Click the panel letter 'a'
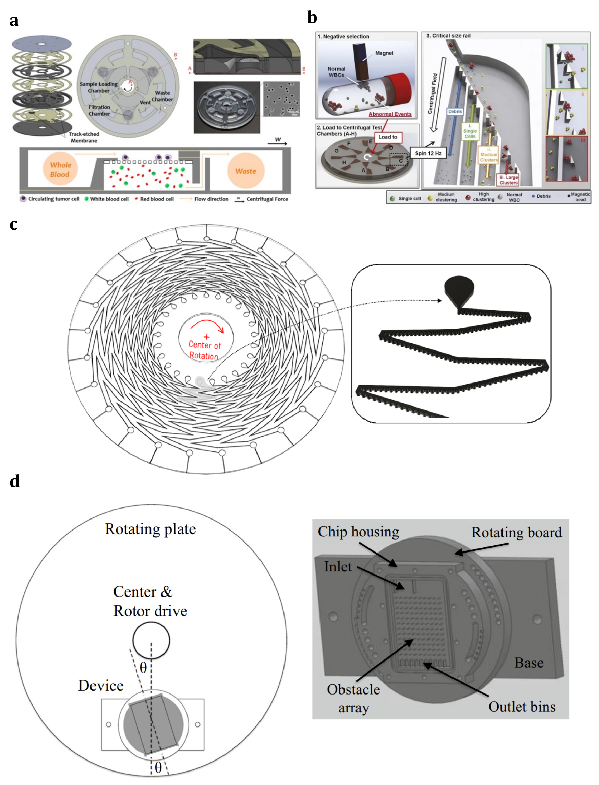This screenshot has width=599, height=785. point(14,21)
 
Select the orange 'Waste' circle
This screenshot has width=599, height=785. point(246,171)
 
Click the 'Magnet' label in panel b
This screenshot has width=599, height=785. point(384,53)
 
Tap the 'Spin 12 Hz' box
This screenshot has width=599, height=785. point(428,153)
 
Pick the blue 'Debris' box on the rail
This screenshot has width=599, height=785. point(455,112)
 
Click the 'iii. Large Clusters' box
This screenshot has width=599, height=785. point(508,180)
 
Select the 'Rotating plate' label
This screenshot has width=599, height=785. point(150,529)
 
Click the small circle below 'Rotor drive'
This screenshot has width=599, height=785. point(151,640)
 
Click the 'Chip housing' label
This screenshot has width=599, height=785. point(358,532)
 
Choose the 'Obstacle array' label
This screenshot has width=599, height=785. point(353,699)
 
